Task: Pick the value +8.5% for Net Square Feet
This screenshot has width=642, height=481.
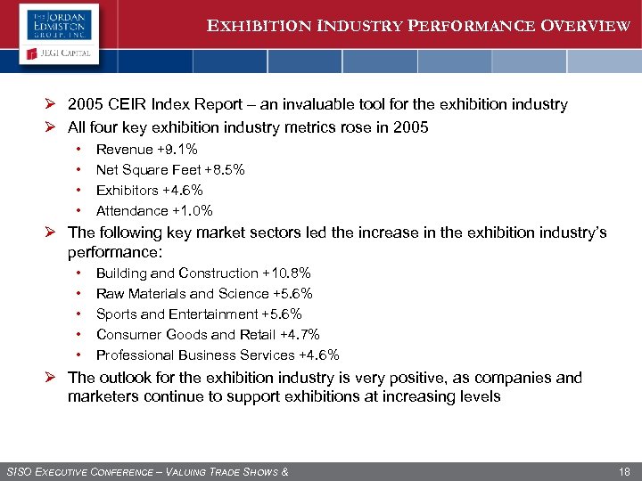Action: (225, 170)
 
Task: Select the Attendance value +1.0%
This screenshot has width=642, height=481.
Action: (193, 211)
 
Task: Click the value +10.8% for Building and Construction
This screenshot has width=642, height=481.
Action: (286, 273)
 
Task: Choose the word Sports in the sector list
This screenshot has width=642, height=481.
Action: (117, 314)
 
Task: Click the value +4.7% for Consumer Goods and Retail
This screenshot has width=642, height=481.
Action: (300, 335)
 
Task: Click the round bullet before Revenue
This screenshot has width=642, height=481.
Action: (78, 150)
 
